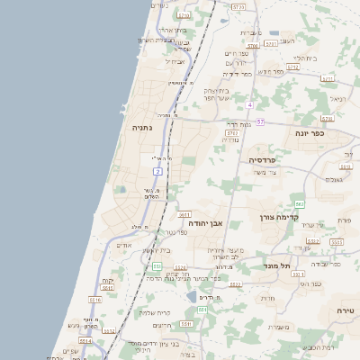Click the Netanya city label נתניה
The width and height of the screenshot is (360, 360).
point(142,128)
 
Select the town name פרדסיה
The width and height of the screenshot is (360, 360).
point(266,159)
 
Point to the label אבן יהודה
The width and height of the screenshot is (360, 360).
point(205,221)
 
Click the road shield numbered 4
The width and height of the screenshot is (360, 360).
point(248,105)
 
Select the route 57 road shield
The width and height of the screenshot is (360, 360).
point(260,121)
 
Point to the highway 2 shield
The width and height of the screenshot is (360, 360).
point(157,170)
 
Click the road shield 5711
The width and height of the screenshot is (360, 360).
point(184,214)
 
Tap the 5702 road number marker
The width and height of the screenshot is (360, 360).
point(232,132)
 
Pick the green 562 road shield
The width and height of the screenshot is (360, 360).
point(300,204)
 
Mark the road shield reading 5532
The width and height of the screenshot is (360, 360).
point(312,241)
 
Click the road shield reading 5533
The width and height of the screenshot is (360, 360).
point(337,242)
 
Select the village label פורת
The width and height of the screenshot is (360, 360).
point(343,220)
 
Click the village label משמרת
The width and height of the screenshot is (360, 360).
point(279,327)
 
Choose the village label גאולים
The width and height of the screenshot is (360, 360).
point(334,179)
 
